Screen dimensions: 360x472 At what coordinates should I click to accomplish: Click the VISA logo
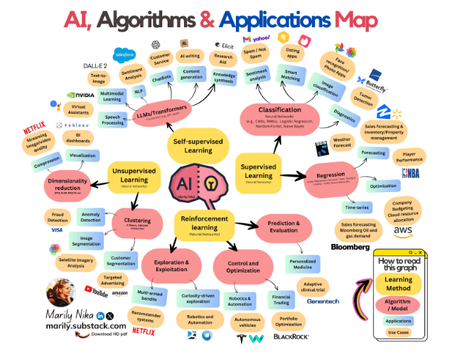click(x=57, y=230)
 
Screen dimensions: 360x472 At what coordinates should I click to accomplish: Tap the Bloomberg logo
click(x=350, y=247)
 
